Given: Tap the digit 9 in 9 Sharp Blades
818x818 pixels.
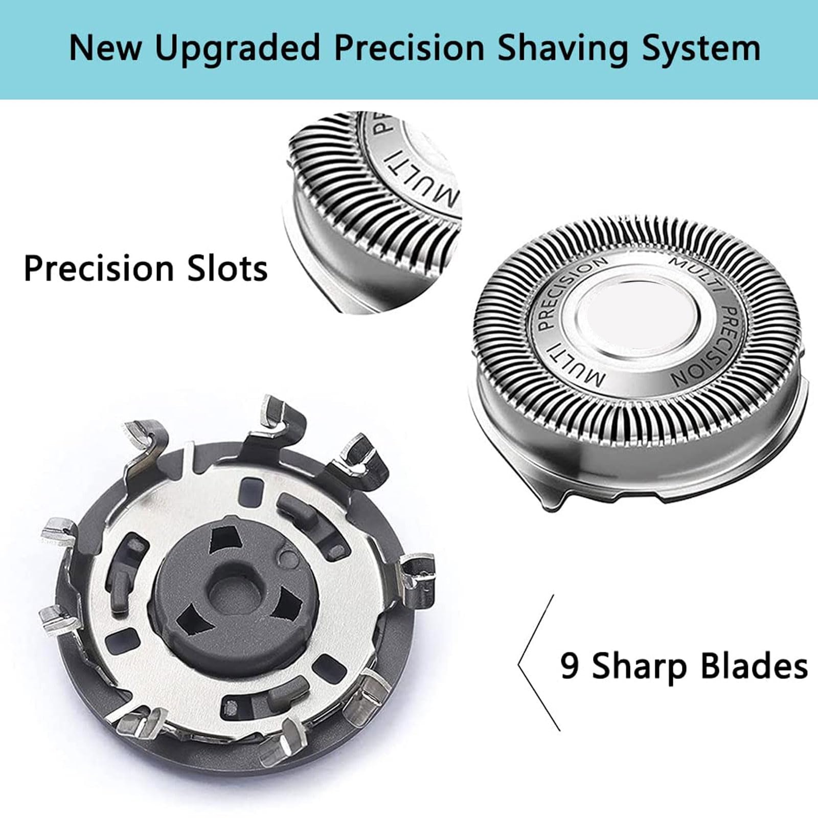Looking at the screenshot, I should (x=571, y=666).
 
